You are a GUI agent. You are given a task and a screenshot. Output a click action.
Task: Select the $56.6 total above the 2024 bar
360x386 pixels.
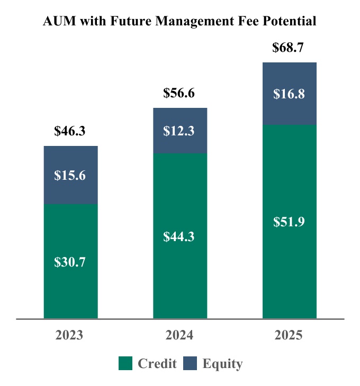[x=179, y=94]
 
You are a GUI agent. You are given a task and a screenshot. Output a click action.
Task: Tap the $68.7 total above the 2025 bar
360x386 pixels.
[x=289, y=48]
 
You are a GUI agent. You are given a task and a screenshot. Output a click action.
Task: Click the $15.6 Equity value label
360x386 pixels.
[x=70, y=175]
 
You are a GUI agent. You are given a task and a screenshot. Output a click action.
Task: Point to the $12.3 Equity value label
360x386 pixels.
[x=179, y=131]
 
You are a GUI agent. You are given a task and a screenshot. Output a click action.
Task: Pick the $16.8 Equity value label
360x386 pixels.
[x=289, y=94]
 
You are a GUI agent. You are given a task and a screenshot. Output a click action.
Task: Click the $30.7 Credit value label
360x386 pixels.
[x=70, y=262]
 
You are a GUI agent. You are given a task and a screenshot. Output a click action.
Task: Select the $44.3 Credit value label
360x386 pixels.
[x=179, y=236]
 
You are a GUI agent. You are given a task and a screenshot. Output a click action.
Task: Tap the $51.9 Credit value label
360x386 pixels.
[x=289, y=222]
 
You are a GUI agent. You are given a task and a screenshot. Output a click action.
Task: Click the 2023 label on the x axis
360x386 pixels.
[x=70, y=336]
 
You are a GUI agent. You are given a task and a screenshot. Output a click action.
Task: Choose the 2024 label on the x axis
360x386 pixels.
[x=179, y=336]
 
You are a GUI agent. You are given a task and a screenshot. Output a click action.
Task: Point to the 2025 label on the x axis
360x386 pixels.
[x=289, y=336]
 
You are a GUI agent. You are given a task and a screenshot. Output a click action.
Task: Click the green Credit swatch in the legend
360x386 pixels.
[x=125, y=363]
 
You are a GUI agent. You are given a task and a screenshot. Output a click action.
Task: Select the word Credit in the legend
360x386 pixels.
[x=157, y=364]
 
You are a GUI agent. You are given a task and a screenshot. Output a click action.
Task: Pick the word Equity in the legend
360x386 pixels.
[x=222, y=364]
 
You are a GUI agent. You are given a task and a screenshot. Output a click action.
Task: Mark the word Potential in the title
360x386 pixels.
[x=291, y=22]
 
